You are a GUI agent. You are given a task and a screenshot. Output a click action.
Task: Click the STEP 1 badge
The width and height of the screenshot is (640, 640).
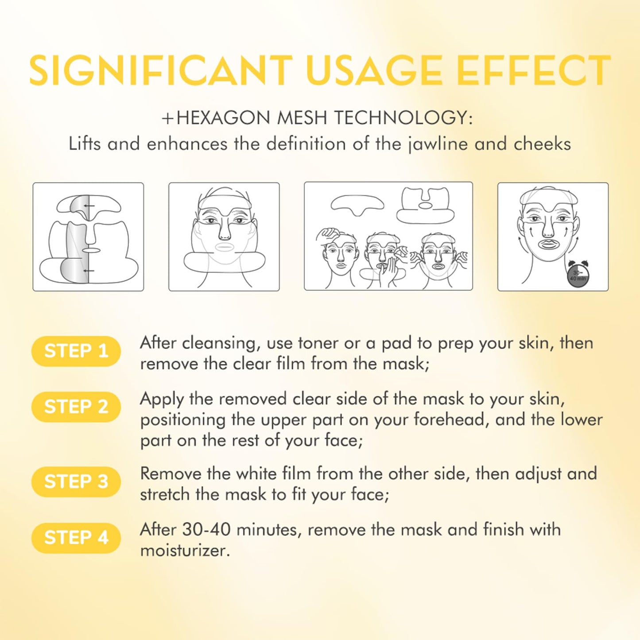click(76, 351)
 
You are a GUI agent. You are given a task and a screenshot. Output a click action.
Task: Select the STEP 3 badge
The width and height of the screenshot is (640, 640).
click(76, 481)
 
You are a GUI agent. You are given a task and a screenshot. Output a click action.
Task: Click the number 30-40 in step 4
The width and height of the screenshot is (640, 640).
click(206, 530)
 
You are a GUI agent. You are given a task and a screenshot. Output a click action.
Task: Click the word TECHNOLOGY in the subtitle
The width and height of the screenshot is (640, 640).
click(403, 117)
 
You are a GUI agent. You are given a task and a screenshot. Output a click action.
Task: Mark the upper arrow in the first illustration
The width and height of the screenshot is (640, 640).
click(89, 206)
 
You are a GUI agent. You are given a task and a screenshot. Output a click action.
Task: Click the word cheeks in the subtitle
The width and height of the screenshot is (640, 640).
click(543, 144)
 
